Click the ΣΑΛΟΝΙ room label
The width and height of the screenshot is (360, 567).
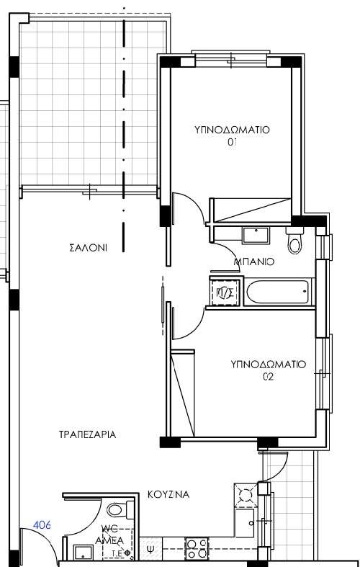tap(88, 248)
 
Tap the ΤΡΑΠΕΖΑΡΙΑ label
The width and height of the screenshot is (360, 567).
tap(88, 435)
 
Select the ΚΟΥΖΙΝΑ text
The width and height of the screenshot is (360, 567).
tap(168, 495)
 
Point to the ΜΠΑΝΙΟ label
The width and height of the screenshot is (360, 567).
tap(254, 263)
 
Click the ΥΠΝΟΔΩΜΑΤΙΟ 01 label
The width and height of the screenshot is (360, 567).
tap(232, 135)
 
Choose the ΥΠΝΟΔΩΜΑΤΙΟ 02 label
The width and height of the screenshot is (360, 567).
tap(269, 370)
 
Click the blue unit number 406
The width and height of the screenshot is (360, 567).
tap(42, 526)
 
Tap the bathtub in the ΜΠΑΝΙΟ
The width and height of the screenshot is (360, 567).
tap(279, 293)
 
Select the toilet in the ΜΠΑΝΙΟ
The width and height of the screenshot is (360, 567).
tap(294, 242)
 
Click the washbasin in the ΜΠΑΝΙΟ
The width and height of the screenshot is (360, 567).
tap(256, 235)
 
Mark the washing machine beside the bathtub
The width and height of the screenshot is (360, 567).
tap(223, 293)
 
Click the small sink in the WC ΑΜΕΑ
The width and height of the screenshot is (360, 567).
tap(83, 553)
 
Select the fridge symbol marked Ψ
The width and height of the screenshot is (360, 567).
tap(150, 550)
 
